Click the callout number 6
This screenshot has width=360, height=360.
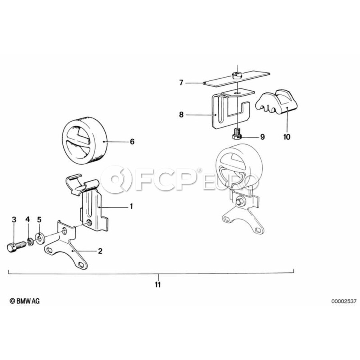click(132, 142)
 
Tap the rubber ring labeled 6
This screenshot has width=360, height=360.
click(84, 140)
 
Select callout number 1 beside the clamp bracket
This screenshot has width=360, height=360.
click(131, 206)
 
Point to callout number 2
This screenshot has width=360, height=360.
click(100, 251)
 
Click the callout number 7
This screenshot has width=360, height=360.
click(181, 82)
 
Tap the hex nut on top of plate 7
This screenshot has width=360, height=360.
click(236, 75)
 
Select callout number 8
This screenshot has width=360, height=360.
click(181, 114)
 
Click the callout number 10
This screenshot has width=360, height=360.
click(287, 137)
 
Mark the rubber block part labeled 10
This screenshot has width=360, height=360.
click(276, 102)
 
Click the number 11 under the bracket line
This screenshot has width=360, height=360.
click(158, 284)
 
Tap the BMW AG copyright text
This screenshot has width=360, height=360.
click(24, 301)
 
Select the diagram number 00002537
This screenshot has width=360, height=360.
click(344, 301)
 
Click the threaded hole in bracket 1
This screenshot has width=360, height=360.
click(89, 222)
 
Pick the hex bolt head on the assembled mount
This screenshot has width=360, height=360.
click(240, 201)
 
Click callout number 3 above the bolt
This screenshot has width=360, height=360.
click(14, 220)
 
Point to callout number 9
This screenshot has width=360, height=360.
click(262, 137)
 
